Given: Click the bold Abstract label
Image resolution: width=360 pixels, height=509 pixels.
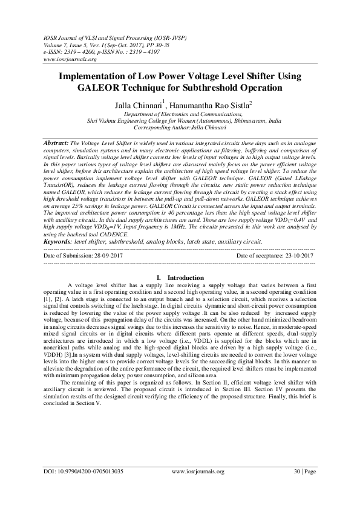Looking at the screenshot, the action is (56, 140).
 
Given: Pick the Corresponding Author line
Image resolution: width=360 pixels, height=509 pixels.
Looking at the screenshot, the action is (180, 127).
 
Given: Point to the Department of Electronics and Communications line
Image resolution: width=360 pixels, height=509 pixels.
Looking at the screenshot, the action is (180, 114).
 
